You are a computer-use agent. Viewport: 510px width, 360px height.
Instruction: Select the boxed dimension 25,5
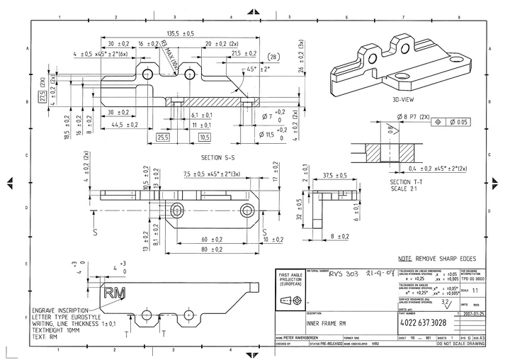tap(164, 137)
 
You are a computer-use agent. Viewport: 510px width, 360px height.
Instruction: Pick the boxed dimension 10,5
tap(205, 137)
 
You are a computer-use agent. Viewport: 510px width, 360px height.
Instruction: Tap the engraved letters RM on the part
tap(113, 292)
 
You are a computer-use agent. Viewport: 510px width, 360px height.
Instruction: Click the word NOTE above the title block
tap(405, 259)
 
